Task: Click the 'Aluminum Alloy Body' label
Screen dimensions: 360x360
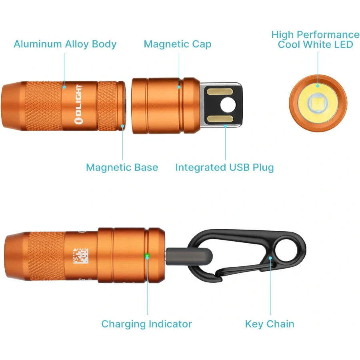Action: pos(65,44)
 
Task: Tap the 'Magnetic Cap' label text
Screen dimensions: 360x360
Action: pos(177,44)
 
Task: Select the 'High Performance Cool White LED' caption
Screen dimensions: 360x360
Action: pos(315,39)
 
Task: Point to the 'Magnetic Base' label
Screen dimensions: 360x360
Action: pos(122,167)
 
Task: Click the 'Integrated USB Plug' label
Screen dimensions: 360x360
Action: pos(224,167)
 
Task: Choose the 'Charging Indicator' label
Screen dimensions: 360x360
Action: pos(146,324)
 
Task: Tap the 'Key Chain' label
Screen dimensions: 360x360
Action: pos(270,324)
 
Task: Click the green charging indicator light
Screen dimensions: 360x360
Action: pos(147,256)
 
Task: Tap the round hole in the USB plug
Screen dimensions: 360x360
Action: pos(228,105)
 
